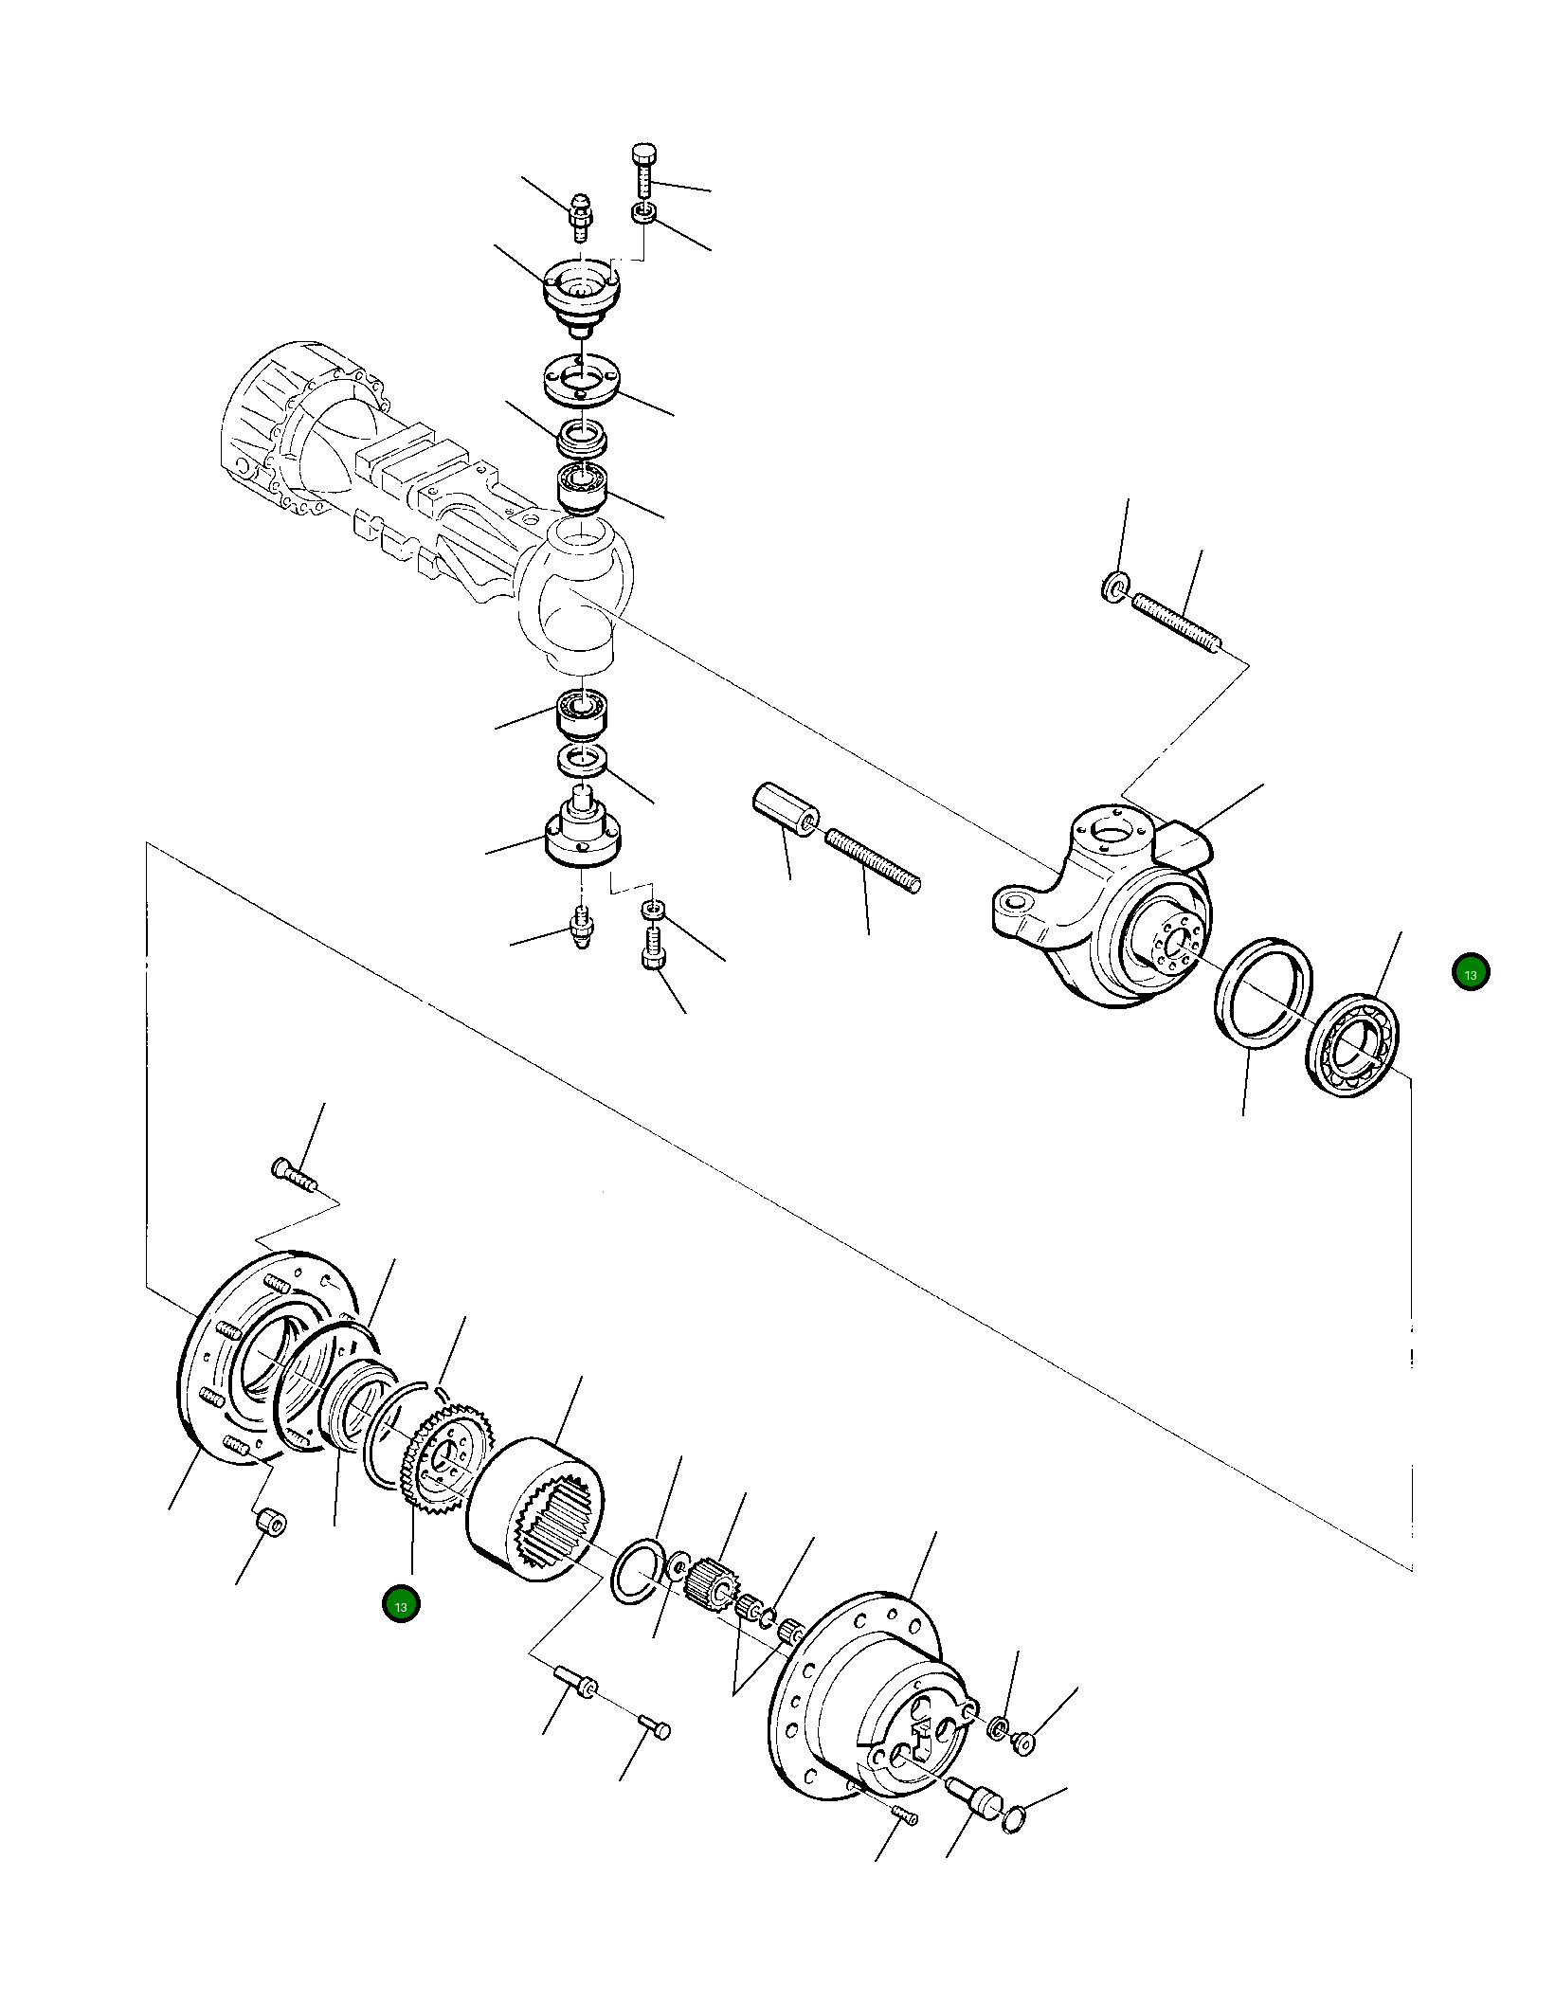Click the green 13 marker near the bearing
click(1470, 972)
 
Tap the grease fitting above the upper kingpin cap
click(579, 215)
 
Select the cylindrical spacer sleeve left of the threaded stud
click(786, 811)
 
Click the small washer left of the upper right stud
click(1114, 586)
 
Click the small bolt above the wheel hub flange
click(294, 1175)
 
